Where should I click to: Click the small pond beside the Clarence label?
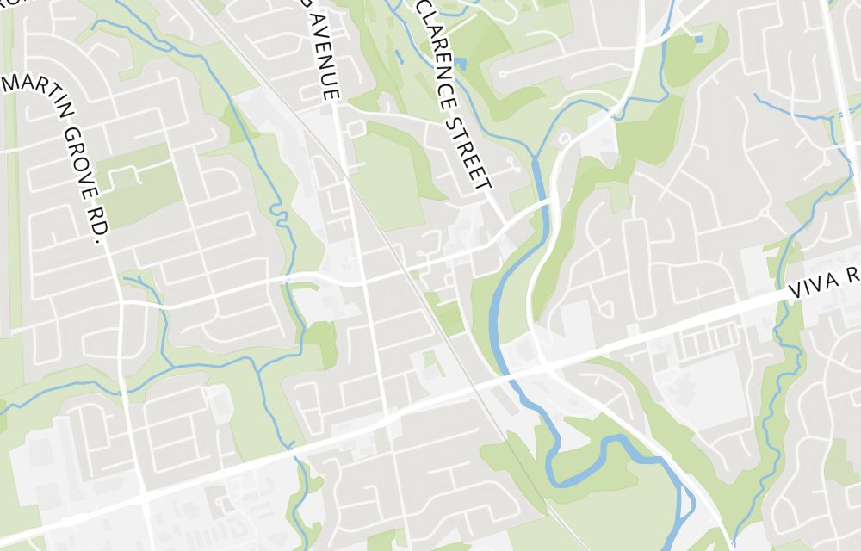[x=461, y=64]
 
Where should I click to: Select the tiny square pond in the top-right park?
[x=697, y=39]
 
